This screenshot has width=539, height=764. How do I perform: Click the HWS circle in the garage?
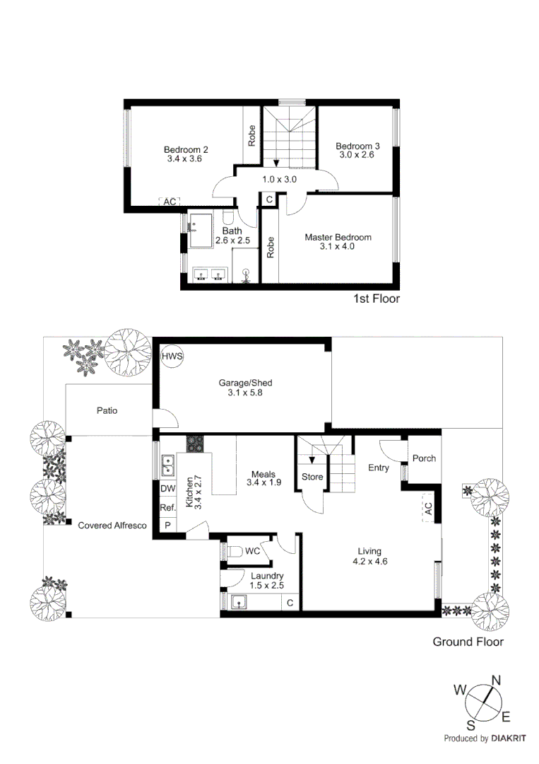click(x=171, y=357)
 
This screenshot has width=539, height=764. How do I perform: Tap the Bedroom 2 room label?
click(x=186, y=149)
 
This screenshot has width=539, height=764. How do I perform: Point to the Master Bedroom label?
click(x=338, y=237)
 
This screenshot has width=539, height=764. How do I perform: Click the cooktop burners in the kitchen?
click(x=194, y=444)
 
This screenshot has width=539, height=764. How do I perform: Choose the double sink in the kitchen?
click(x=168, y=465)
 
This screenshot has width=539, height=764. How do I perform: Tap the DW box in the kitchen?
click(x=167, y=489)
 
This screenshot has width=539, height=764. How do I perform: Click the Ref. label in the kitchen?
click(x=167, y=507)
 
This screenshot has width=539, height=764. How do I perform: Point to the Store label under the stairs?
click(x=312, y=477)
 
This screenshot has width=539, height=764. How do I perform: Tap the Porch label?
click(x=424, y=458)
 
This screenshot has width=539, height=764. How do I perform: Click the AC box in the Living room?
click(x=428, y=509)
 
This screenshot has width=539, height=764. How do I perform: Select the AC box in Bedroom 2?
click(x=170, y=202)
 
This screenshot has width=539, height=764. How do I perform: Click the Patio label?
click(x=107, y=410)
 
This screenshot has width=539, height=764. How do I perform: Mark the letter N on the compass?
click(x=496, y=681)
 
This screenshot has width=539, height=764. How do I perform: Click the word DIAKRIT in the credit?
click(x=511, y=738)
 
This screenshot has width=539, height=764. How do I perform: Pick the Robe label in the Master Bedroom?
click(x=270, y=248)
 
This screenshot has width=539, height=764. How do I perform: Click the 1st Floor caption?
click(x=377, y=299)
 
